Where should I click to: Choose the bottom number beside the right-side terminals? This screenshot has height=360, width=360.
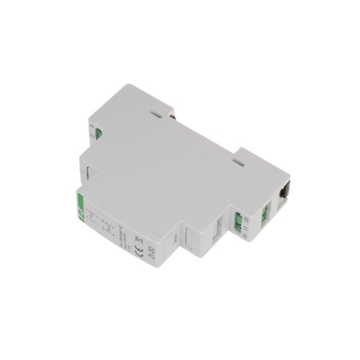[246, 231]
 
